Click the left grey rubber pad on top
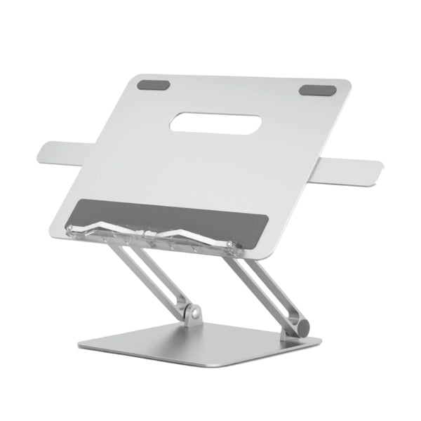pyautogui.click(x=154, y=85)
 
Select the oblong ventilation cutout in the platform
pyautogui.click(x=215, y=124)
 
